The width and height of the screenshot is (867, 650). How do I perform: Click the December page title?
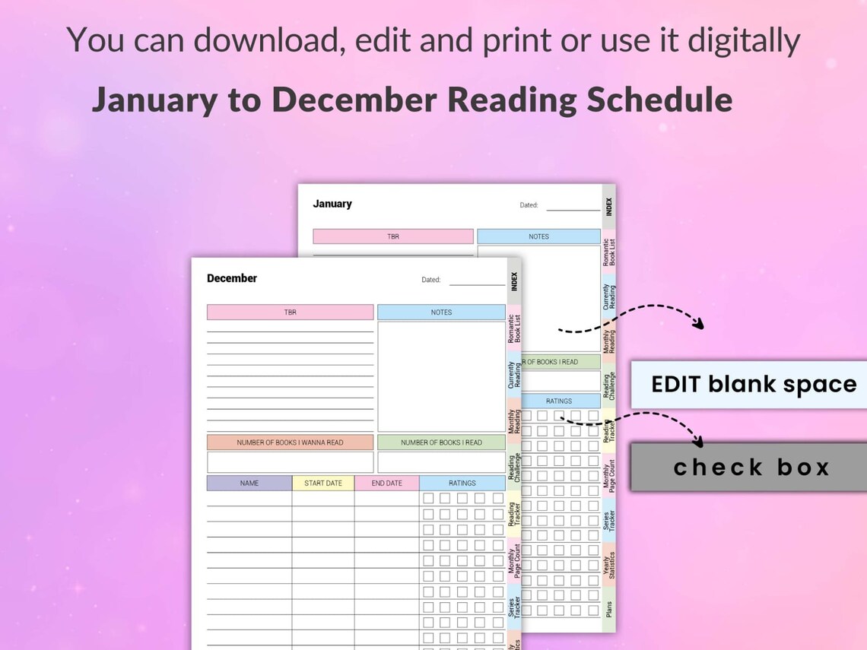tap(232, 278)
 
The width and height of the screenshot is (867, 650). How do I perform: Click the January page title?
tap(332, 204)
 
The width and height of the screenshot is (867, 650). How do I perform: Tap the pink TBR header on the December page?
tap(290, 312)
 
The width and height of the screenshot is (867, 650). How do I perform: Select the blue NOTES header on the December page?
tap(441, 312)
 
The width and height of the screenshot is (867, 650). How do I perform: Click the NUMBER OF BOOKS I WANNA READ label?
tap(290, 442)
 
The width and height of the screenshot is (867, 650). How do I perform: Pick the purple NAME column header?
tap(249, 484)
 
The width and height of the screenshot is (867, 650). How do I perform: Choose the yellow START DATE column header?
tap(323, 484)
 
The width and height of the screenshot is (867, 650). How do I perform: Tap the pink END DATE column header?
tap(386, 484)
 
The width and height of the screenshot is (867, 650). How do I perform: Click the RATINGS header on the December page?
tap(462, 484)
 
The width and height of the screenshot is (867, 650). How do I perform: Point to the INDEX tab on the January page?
tap(609, 207)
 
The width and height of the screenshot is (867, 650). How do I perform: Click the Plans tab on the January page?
tap(609, 610)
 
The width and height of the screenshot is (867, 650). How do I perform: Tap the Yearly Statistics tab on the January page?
tap(609, 565)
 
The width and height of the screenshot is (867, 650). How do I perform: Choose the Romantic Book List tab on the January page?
tap(609, 252)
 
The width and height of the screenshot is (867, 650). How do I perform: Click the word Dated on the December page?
tap(431, 280)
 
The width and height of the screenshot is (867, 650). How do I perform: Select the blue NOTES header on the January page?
tap(538, 236)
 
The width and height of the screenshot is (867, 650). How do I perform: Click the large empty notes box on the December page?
tap(441, 376)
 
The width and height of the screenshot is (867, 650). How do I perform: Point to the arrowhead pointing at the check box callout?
tap(697, 441)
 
